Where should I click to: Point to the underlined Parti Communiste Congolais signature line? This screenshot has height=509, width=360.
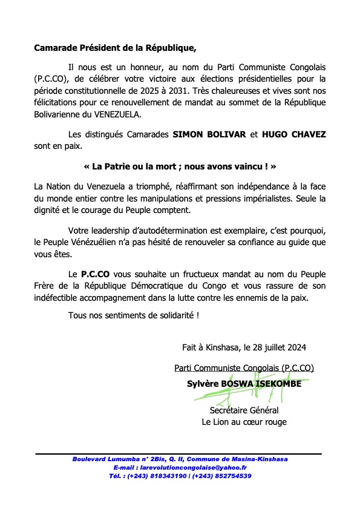[x=244, y=367]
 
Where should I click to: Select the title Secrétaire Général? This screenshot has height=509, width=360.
[x=244, y=410]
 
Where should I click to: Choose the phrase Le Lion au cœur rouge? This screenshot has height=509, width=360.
[x=244, y=421]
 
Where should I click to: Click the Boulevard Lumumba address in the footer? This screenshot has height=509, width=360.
[x=180, y=459]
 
